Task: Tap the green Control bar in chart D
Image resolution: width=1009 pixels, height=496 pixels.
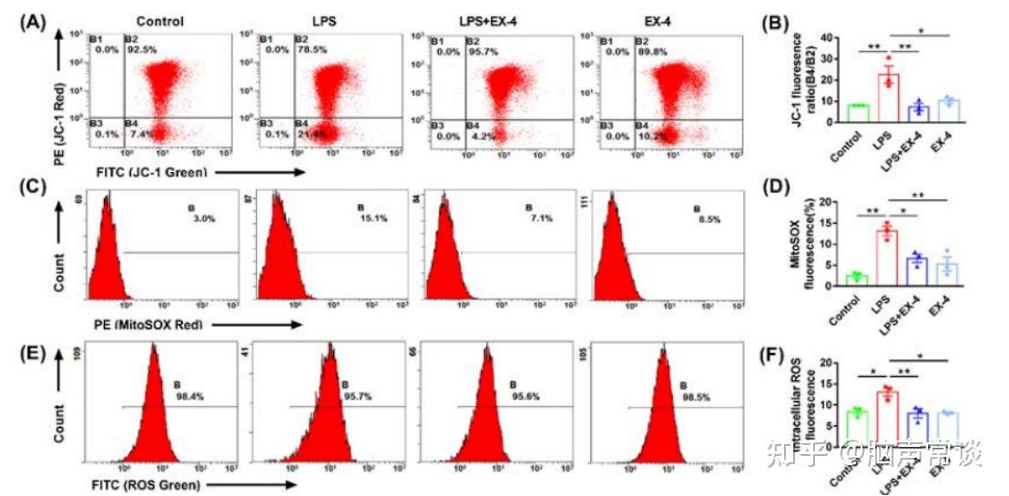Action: (855, 279)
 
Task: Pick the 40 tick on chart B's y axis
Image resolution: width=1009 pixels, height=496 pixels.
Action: (825, 37)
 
